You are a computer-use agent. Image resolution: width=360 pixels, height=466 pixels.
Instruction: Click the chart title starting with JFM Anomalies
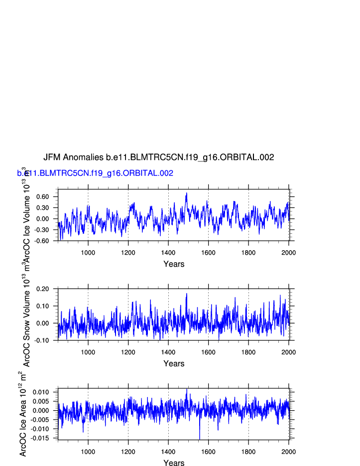tap(158, 157)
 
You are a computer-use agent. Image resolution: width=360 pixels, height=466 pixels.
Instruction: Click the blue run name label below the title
tap(95, 173)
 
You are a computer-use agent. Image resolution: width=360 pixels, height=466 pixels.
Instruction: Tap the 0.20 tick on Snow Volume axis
tap(43, 289)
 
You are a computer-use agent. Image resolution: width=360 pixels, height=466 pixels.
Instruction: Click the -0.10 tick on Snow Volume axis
tap(42, 340)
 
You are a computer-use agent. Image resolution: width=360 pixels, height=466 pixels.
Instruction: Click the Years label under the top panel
tap(174, 264)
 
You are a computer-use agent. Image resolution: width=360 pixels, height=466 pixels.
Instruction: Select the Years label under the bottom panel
tap(174, 463)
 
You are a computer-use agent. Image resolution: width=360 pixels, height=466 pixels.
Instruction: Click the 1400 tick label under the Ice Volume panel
tap(168, 253)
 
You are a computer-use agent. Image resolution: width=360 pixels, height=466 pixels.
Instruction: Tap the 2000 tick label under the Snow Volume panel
tap(288, 352)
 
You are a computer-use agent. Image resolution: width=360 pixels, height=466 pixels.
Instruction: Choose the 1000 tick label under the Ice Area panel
tap(88, 452)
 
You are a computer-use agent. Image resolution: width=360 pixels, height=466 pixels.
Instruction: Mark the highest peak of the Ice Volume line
tap(187, 193)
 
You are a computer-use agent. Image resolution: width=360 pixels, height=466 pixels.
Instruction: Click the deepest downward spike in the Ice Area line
tap(200, 439)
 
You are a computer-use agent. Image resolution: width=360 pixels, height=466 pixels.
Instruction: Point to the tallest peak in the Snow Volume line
tap(187, 294)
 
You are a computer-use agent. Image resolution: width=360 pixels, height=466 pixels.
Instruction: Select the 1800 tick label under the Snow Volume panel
tap(248, 352)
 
